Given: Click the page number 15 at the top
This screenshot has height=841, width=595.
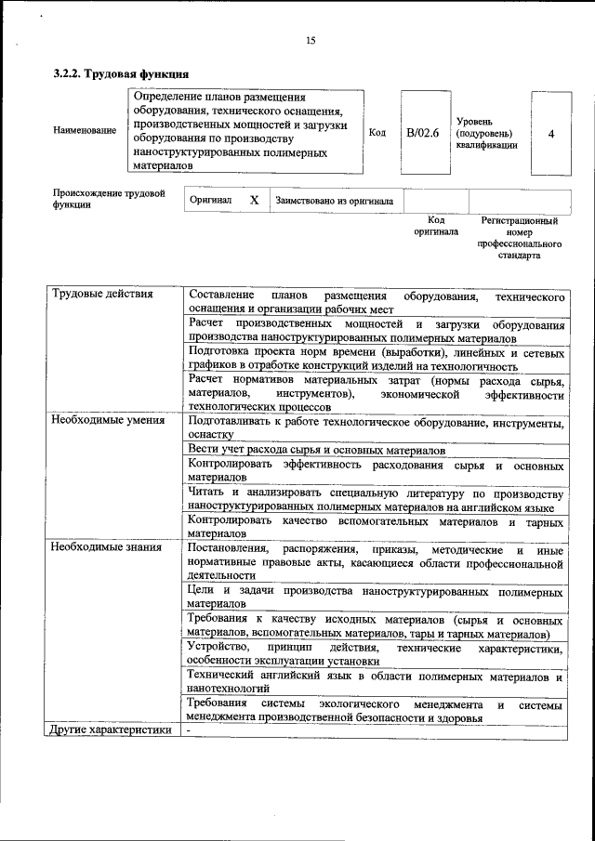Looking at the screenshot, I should click(x=311, y=40).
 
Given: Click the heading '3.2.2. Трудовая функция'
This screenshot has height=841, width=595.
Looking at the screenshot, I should click(x=122, y=73).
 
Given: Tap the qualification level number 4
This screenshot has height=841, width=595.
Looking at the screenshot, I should click(x=551, y=133).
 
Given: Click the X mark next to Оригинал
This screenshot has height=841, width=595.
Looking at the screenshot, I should click(x=254, y=200).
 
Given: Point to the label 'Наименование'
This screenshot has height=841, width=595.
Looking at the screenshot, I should click(x=86, y=130).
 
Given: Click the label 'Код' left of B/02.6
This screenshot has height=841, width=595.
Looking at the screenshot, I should click(x=377, y=133).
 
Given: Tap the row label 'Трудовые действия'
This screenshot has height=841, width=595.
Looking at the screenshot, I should click(x=102, y=296).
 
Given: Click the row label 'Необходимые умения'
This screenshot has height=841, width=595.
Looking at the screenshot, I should click(x=108, y=420).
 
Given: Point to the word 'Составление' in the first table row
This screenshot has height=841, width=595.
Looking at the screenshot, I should click(x=222, y=296).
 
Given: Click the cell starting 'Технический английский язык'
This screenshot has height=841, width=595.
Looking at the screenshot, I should click(x=375, y=682).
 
